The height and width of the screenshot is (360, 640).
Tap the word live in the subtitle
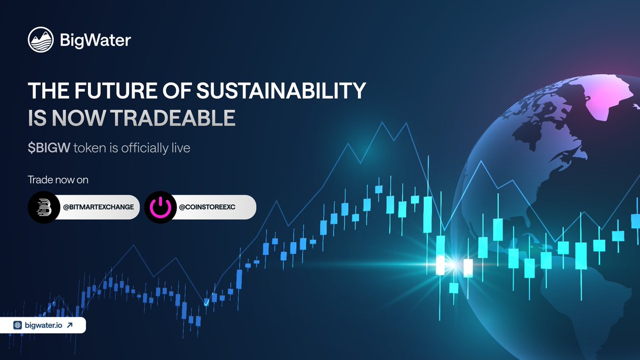[x=180, y=147]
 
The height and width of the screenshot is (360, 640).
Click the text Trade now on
[x=58, y=180]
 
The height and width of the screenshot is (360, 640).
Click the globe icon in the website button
[x=18, y=325]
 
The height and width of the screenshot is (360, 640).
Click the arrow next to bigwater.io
[x=70, y=325]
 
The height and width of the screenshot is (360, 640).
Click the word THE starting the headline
[x=44, y=91]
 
